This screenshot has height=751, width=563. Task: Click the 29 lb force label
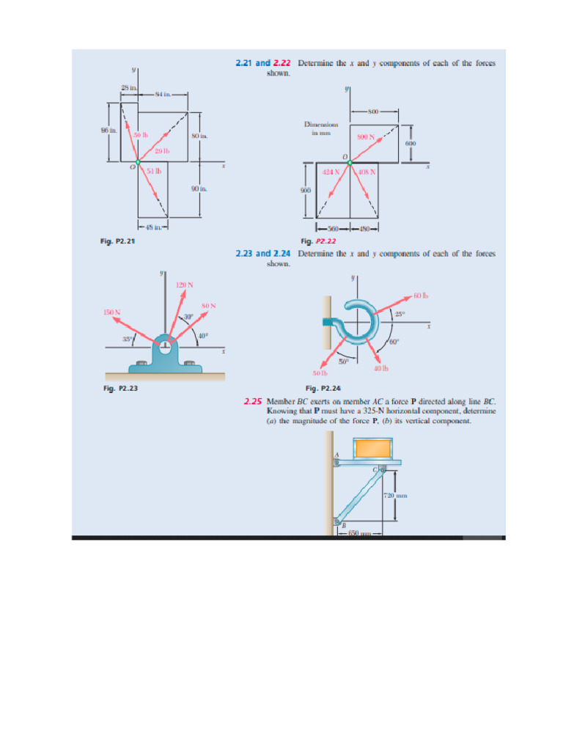162,151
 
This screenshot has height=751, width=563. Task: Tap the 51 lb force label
154,171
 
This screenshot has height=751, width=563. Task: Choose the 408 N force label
367,172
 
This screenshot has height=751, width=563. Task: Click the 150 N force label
112,312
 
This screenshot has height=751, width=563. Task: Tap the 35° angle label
128,340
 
